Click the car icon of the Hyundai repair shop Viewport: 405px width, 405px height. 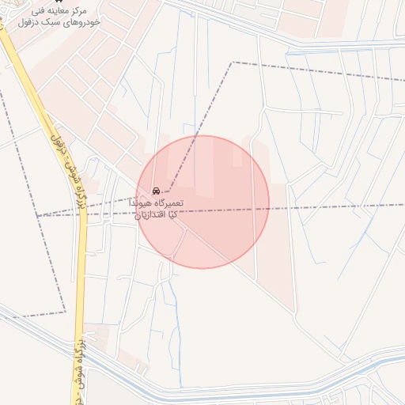pyautogui.click(x=157, y=191)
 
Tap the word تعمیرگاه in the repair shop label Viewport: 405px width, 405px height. pyautogui.click(x=168, y=203)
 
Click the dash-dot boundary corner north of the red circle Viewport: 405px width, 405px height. pyautogui.click(x=232, y=62)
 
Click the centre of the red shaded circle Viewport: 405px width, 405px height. pyautogui.click(x=203, y=202)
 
